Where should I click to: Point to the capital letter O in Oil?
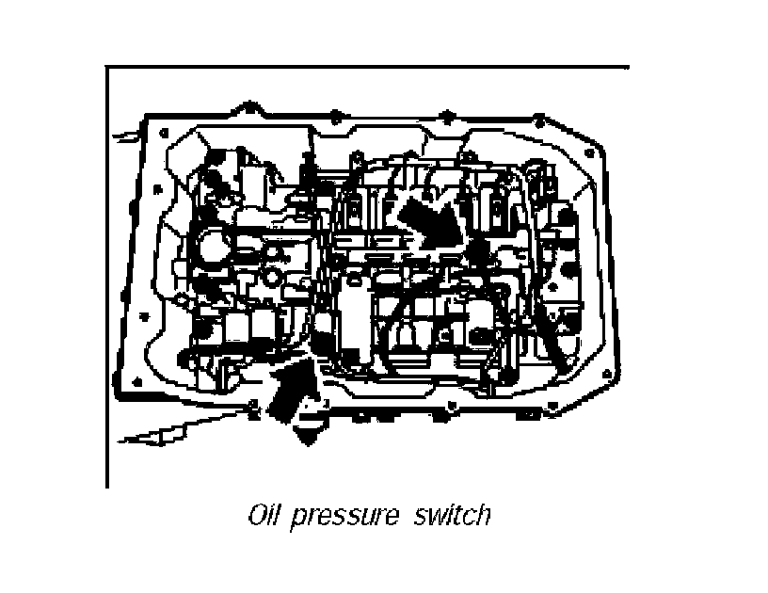click(257, 516)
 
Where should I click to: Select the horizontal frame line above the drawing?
click(367, 68)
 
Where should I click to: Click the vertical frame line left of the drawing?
click(107, 282)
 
